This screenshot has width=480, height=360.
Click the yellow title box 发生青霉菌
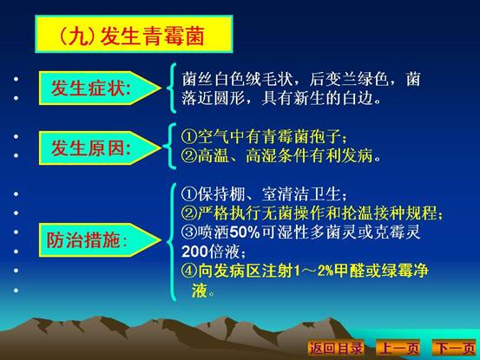click(x=134, y=34)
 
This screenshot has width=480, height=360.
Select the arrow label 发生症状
click(x=100, y=88)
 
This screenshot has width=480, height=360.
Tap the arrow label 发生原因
click(x=100, y=148)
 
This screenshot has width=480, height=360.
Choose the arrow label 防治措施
click(x=100, y=239)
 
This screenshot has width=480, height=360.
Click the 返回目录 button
click(x=336, y=348)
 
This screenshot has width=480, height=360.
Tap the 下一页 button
click(x=455, y=348)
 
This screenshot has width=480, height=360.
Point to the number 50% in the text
click(x=245, y=232)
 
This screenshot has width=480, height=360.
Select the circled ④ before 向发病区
click(x=189, y=271)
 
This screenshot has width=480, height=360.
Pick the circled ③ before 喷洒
click(x=189, y=232)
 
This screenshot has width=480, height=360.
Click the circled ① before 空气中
click(x=189, y=136)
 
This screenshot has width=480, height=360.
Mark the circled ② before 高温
click(x=189, y=155)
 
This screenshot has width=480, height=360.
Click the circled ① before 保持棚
click(x=189, y=194)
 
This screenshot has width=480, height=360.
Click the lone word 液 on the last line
click(x=200, y=290)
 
